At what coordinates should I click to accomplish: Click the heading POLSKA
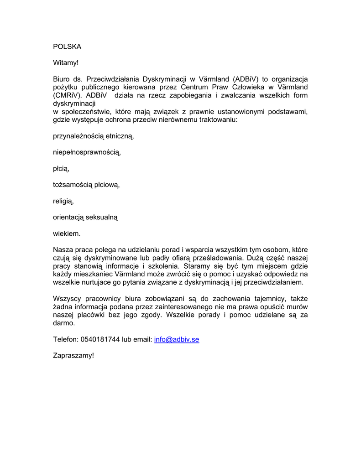(67, 47)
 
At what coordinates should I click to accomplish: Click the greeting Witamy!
(66, 62)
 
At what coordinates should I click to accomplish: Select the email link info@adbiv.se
(177, 339)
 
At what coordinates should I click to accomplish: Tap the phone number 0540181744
(100, 339)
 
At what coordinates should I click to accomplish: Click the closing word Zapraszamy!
(73, 355)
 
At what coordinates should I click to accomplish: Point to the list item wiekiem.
(67, 234)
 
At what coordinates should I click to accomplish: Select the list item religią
(63, 201)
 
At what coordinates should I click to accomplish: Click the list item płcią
(61, 169)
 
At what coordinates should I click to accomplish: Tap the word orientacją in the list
(69, 218)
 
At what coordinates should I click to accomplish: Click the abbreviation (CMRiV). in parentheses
(68, 95)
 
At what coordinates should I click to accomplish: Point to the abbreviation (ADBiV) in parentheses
(248, 79)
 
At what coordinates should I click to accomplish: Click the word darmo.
(64, 323)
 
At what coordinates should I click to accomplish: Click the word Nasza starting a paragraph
(63, 249)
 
